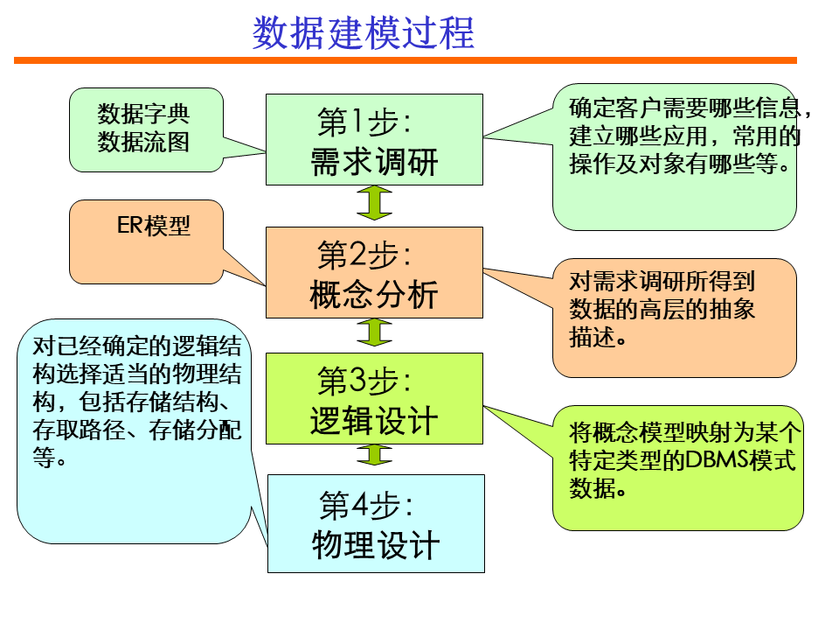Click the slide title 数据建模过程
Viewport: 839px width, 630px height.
[x=364, y=33]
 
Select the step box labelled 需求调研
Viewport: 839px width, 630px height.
[x=374, y=140]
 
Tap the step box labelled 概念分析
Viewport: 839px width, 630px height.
[x=374, y=272]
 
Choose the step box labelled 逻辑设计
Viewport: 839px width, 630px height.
[x=374, y=398]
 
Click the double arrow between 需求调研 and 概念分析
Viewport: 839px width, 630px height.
[x=375, y=206]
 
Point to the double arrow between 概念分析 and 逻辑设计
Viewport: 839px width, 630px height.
[x=375, y=332]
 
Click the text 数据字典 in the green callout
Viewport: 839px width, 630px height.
[x=143, y=115]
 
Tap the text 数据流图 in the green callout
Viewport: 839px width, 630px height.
[x=143, y=142]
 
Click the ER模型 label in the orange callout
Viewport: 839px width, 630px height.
[x=154, y=226]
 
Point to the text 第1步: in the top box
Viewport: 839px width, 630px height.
[x=364, y=123]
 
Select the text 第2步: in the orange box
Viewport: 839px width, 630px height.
[x=364, y=255]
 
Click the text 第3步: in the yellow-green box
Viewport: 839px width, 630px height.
[x=364, y=381]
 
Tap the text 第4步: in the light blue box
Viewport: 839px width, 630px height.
[x=366, y=506]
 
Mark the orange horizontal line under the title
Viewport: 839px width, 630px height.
[x=406, y=60]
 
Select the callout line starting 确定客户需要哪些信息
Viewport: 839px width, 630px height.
[x=690, y=109]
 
